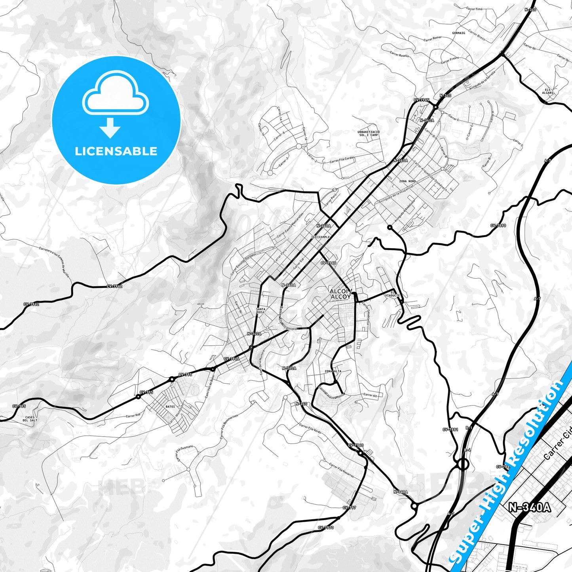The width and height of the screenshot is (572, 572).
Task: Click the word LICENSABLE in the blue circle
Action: click(116, 151)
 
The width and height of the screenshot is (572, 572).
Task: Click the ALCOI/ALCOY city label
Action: click(340, 294)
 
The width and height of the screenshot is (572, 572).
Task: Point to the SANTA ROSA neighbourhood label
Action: click(260, 310)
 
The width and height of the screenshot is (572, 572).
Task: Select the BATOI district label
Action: click(170, 407)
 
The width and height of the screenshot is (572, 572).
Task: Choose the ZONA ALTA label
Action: click(333, 371)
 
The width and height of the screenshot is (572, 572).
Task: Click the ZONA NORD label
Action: click(407, 181)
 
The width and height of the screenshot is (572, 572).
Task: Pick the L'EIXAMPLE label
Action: click(320, 237)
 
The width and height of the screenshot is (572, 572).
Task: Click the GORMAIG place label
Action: click(458, 33)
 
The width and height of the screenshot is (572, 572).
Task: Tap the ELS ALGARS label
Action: click(548, 91)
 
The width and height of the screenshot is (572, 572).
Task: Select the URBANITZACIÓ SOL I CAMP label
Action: click(368, 133)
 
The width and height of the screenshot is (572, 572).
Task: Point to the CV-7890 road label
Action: click(498, 226)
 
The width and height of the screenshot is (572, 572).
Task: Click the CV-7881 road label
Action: click(450, 429)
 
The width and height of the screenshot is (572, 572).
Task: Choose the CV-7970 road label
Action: click(325, 528)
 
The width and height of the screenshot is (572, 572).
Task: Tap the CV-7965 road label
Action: click(421, 100)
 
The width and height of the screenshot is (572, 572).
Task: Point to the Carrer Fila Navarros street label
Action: click(341, 470)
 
